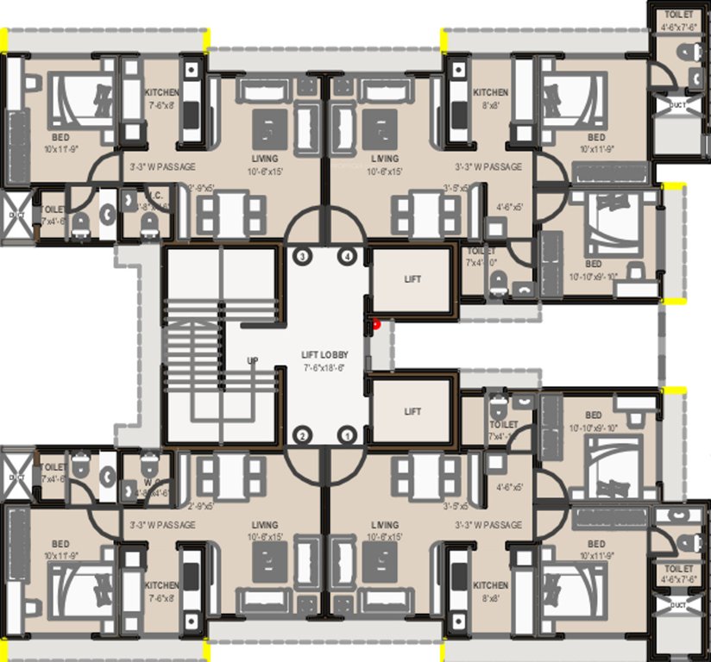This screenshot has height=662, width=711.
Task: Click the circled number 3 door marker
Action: tap(303, 257)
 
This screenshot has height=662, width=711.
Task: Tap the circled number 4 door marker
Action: tap(348, 257)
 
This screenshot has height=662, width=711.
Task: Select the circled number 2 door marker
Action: tap(303, 435)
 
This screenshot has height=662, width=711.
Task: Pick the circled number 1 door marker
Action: tap(348, 435)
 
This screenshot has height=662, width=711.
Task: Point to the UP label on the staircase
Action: tap(253, 360)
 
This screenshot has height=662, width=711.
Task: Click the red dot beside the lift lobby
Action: tap(375, 325)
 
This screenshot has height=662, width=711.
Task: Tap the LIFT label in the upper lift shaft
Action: tap(413, 280)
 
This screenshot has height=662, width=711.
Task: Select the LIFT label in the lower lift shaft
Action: tap(413, 412)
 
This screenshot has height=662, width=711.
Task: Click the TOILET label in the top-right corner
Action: tap(676, 16)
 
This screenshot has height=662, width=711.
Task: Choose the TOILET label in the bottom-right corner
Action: tap(676, 569)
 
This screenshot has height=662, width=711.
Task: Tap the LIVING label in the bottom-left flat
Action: tap(264, 525)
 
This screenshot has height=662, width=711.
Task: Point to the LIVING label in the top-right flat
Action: tap(385, 159)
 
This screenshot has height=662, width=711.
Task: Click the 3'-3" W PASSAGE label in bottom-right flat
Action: tap(488, 525)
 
